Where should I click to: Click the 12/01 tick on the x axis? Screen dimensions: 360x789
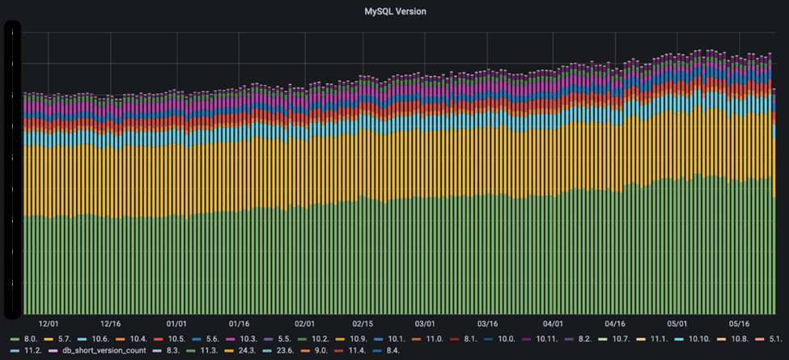coord(49,321)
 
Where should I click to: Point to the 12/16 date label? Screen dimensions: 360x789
coord(111,321)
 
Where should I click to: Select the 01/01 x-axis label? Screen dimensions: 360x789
coord(176,321)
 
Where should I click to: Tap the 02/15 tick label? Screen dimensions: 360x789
coord(363,321)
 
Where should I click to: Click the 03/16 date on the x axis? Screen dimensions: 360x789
coord(487,321)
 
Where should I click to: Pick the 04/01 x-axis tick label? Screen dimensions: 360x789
coord(554,321)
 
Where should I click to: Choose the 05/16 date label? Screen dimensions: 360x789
coord(740,321)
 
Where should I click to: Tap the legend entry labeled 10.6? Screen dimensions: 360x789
coord(100,338)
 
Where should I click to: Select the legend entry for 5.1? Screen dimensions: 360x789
coord(774,338)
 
